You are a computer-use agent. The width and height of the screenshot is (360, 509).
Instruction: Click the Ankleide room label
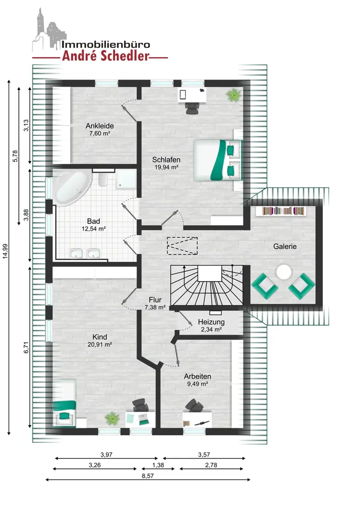point(100,126)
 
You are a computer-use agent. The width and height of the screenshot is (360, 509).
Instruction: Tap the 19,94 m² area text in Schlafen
point(166,167)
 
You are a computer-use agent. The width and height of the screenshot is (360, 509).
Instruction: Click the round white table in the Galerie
point(284,272)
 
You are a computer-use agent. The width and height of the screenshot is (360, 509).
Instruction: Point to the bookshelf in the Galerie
point(284,211)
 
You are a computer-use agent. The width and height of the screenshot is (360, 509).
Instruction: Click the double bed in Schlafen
point(218,160)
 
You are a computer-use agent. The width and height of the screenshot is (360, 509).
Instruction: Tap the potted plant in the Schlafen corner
point(234,95)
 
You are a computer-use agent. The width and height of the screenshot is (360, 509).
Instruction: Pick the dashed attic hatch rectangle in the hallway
point(182,246)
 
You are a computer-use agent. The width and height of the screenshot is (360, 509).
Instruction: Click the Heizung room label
point(211,322)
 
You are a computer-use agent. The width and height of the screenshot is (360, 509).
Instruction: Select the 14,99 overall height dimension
point(5,251)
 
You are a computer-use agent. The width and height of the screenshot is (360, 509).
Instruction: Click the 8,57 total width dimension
point(148,476)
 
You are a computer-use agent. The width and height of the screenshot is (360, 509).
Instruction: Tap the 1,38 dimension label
point(158,465)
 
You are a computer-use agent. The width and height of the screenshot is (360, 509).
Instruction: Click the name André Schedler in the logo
point(106,56)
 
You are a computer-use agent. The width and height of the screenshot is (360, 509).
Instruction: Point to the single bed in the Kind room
point(64,403)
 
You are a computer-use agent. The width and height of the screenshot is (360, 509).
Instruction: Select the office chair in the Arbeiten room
point(195,406)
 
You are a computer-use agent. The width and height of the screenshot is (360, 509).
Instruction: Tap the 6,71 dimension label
point(26,348)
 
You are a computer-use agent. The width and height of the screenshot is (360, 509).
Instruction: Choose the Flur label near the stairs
point(155,300)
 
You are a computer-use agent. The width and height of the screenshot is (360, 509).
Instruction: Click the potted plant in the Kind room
point(112,418)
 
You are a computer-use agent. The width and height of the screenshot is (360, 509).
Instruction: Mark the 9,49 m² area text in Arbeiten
point(198,384)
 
